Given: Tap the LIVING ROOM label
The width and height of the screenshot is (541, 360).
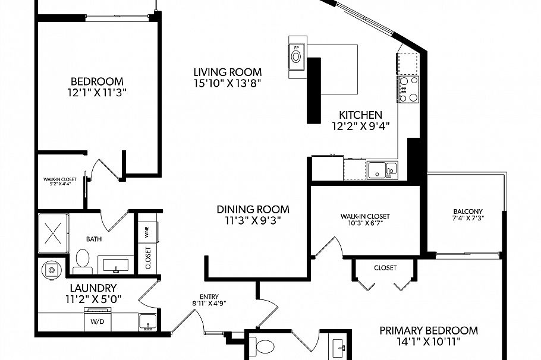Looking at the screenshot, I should click(x=228, y=72).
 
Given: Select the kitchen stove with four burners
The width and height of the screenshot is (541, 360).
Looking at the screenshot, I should click(x=408, y=90).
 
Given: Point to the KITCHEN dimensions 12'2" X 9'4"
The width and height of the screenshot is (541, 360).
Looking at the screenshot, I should click(x=360, y=125).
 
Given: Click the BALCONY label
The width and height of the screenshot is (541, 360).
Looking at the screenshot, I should click(x=467, y=211).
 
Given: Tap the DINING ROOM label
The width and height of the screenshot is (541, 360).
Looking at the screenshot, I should click(x=253, y=209).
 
